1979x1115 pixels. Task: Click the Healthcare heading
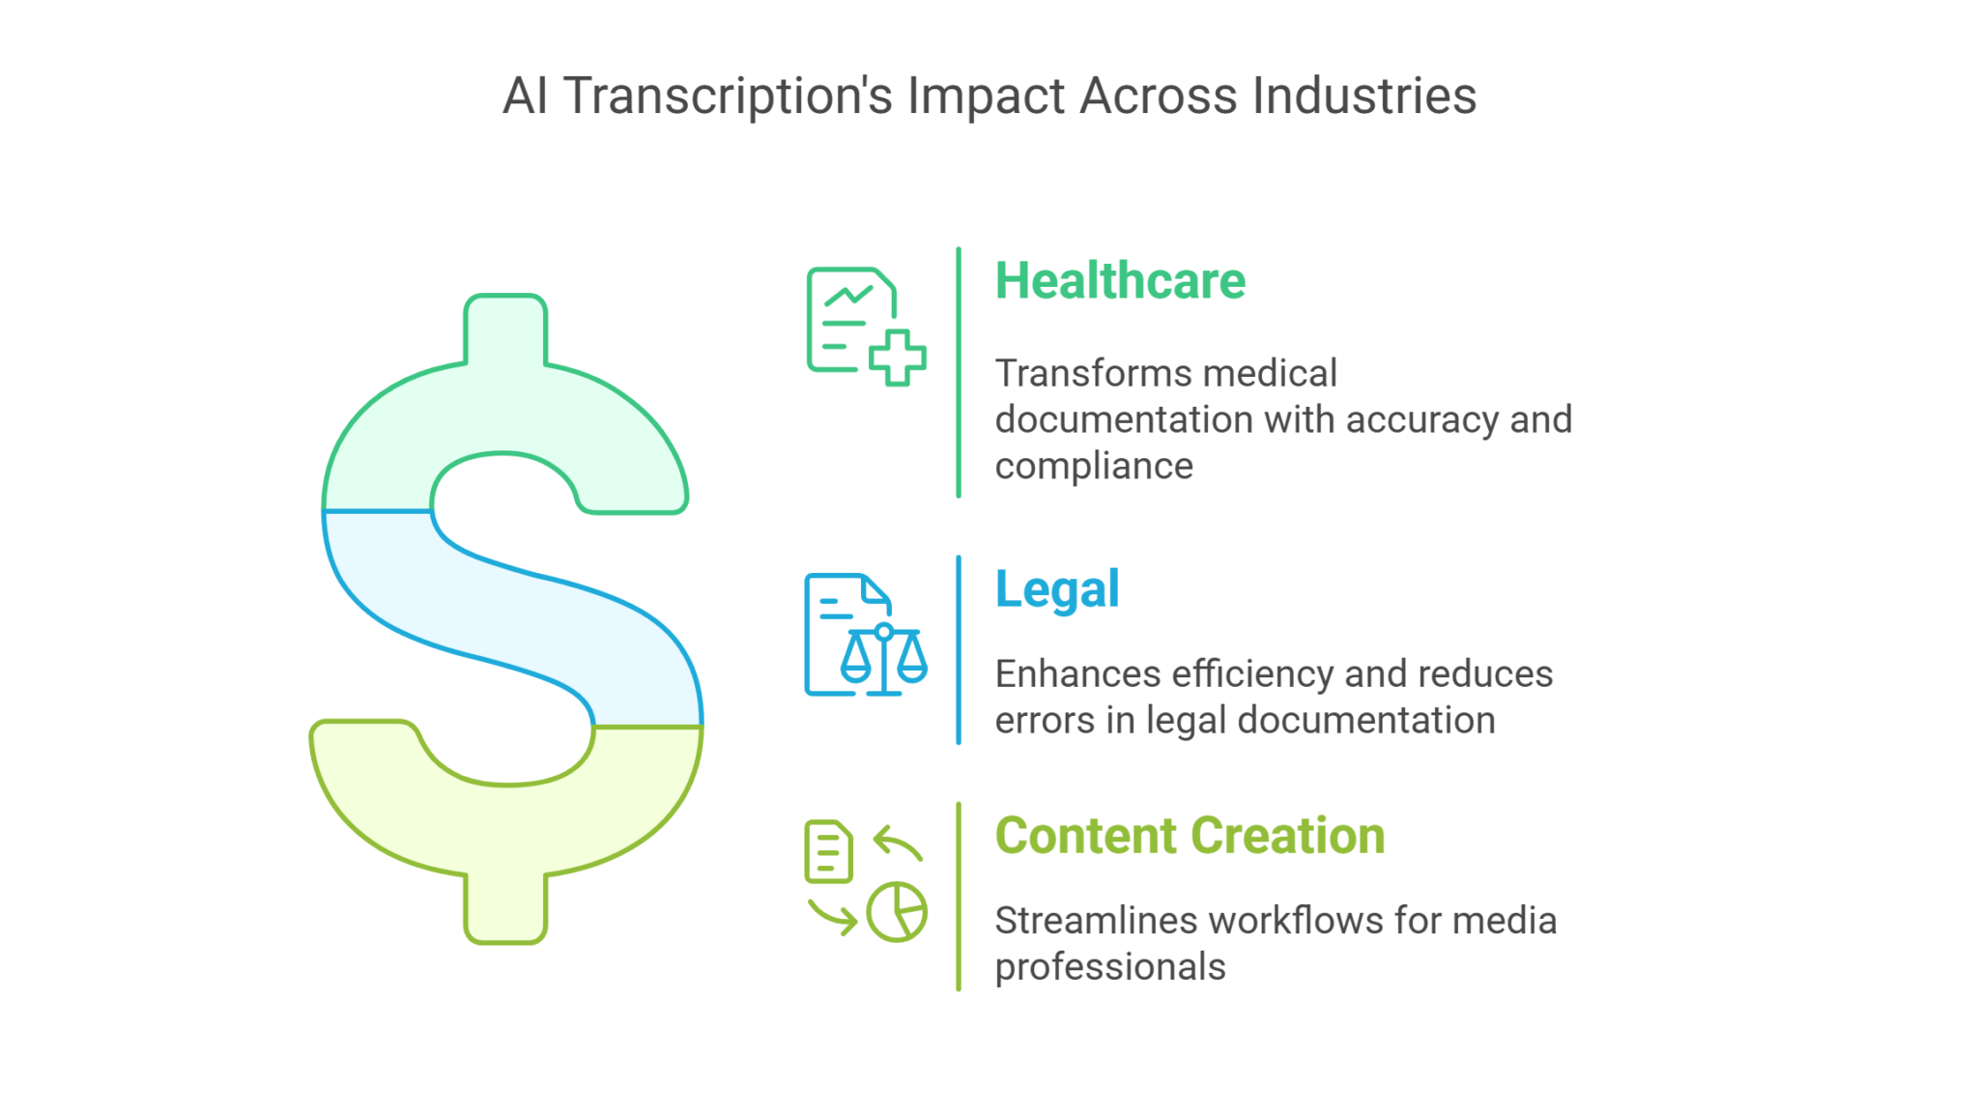[1120, 281]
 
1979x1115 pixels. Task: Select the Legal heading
[1057, 589]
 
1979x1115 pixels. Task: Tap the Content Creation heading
[1190, 836]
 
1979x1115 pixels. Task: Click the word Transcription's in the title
[728, 97]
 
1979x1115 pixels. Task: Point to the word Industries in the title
[1364, 96]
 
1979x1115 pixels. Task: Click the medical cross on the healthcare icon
[898, 357]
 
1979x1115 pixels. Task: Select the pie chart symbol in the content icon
[897, 911]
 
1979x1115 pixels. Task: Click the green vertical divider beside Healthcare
[959, 372]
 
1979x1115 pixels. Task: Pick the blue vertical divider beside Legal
[959, 649]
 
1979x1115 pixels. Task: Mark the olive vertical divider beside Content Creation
[959, 896]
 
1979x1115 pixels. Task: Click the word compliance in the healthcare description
[1094, 467]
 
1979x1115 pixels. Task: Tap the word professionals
[1110, 967]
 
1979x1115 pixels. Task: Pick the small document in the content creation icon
[828, 852]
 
